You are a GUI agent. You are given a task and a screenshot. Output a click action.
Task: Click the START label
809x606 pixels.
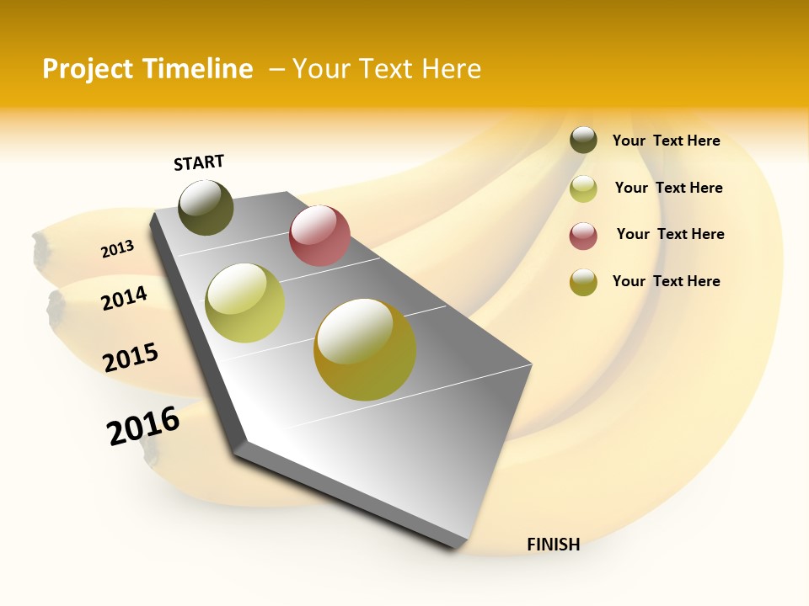(x=199, y=162)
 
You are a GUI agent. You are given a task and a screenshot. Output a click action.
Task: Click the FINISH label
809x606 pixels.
(x=553, y=545)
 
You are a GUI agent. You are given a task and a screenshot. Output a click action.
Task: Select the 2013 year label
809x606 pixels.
(x=117, y=249)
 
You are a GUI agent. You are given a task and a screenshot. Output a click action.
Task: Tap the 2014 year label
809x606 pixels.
(x=124, y=298)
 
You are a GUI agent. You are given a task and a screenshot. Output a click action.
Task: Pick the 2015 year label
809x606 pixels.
(x=131, y=357)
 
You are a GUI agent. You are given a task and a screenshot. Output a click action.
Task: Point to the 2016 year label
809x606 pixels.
(x=143, y=426)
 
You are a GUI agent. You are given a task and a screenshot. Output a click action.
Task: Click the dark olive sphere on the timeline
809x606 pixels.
(x=206, y=207)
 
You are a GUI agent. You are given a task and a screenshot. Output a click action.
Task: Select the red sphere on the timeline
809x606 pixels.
(x=319, y=236)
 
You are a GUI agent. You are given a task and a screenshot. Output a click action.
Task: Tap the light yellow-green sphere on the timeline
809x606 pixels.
(x=245, y=303)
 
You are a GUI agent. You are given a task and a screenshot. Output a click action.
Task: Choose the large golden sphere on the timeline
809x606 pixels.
(x=365, y=349)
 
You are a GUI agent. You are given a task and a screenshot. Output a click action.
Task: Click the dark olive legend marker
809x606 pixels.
(x=583, y=140)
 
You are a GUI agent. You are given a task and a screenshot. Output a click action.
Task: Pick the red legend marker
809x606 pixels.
(x=583, y=236)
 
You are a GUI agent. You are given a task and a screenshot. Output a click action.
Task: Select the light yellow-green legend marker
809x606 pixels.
(x=583, y=189)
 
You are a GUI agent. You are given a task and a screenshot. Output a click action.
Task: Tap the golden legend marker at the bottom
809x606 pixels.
(x=583, y=282)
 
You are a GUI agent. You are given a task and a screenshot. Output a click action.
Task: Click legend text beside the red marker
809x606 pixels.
(x=670, y=234)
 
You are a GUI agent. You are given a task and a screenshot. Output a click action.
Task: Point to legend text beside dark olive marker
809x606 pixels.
(x=666, y=141)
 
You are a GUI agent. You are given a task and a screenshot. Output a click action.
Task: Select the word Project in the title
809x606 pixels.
(x=88, y=69)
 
